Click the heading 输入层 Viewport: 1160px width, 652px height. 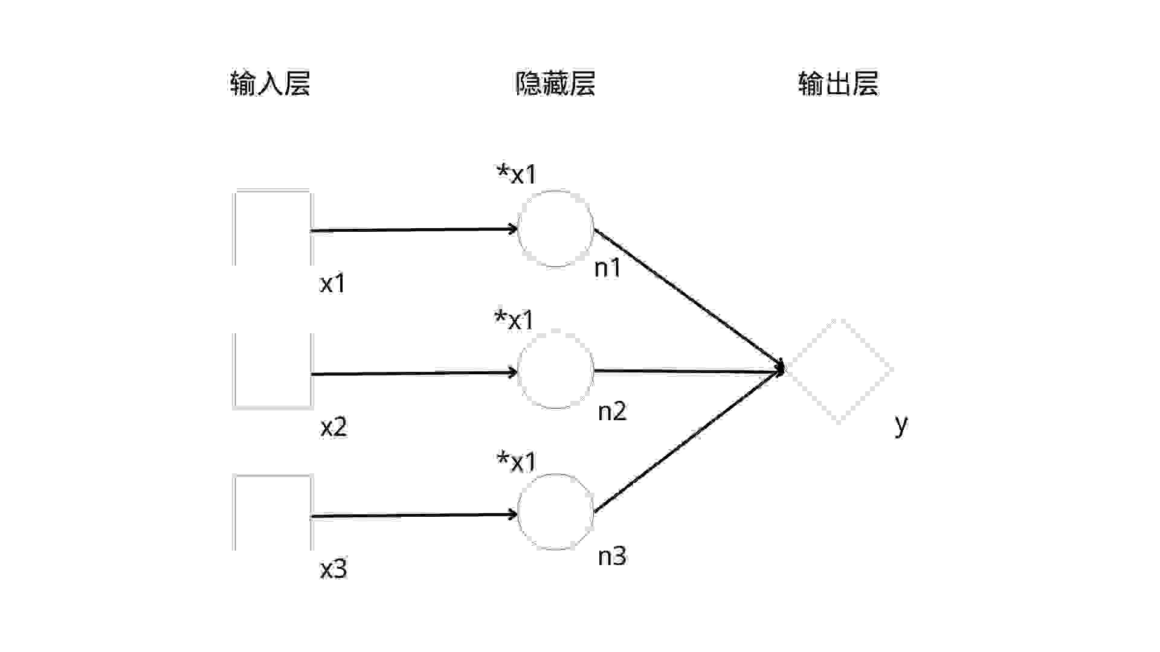click(270, 84)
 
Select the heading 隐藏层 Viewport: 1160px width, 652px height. click(555, 84)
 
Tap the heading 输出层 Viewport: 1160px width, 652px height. click(838, 84)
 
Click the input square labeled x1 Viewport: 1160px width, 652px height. click(272, 228)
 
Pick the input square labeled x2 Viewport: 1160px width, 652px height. click(272, 370)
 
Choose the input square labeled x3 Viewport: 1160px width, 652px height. click(272, 513)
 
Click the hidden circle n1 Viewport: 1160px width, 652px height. click(555, 228)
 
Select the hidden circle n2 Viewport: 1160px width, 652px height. click(555, 370)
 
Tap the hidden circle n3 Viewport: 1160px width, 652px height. click(555, 512)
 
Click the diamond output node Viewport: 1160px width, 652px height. click(840, 370)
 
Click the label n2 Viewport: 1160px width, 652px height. click(612, 412)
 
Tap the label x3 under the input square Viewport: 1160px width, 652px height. click(333, 569)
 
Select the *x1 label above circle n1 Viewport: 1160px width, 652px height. click(517, 174)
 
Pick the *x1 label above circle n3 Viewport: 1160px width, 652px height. click(517, 462)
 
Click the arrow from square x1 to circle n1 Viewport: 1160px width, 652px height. click(414, 229)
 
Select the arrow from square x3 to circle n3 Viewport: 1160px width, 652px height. click(414, 516)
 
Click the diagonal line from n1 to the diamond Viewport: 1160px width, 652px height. click(689, 298)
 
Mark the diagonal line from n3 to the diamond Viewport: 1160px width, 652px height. click(689, 442)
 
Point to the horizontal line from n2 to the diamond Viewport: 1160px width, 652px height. click(689, 371)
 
